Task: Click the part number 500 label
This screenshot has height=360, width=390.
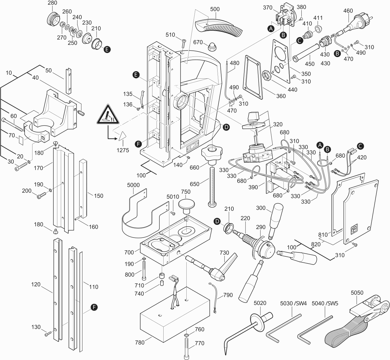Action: pyautogui.click(x=215, y=9)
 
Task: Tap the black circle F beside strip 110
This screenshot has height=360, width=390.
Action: pyautogui.click(x=94, y=308)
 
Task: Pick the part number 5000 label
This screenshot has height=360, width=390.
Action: pyautogui.click(x=134, y=185)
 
